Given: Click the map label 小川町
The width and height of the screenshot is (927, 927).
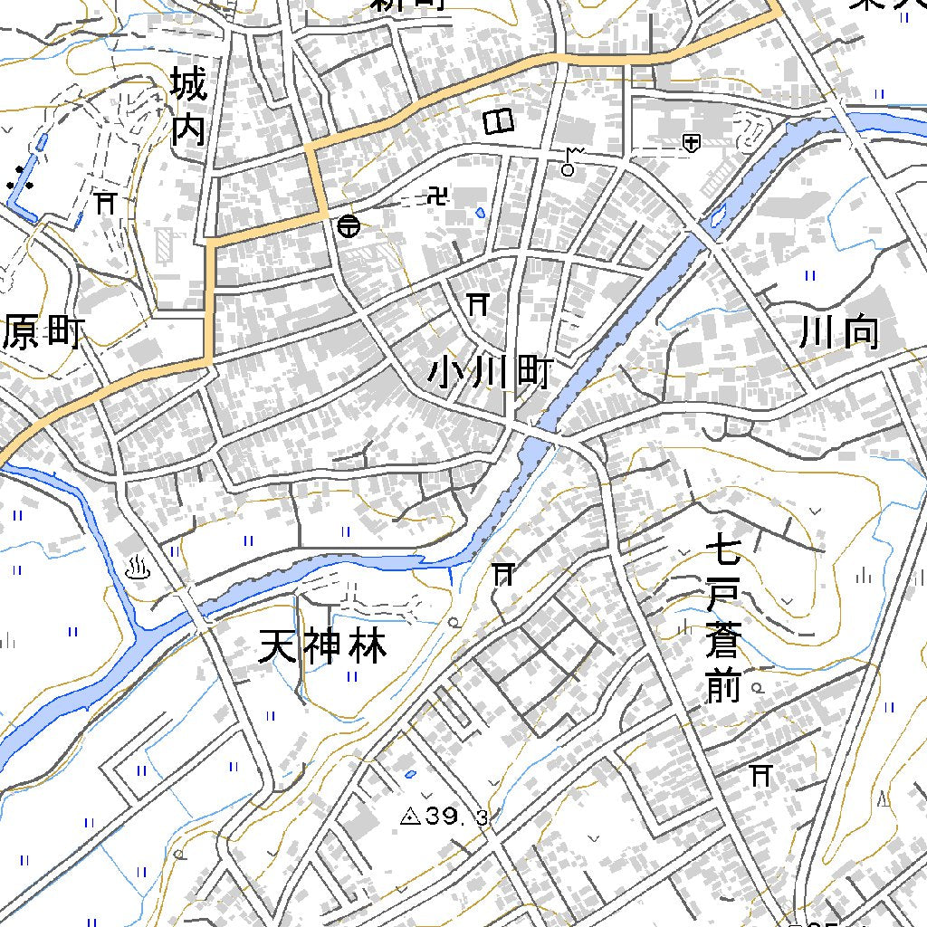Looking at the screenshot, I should point(489,372).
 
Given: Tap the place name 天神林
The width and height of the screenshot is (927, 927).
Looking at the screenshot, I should point(322,646).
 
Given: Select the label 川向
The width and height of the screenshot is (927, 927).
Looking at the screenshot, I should point(839,333).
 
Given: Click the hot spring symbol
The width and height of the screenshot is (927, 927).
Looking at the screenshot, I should point(139,569).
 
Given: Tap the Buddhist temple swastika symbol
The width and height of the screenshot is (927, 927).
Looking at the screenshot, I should point(438,196).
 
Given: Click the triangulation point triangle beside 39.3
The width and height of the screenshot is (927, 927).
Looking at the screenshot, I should point(410,817).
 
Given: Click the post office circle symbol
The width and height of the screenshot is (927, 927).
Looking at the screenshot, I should point(348,226).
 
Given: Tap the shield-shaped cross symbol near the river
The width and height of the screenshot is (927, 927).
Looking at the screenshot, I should point(691,142).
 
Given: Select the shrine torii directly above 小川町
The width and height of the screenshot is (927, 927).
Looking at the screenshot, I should point(477,304).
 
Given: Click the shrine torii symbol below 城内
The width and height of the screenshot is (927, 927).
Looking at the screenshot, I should point(107,202).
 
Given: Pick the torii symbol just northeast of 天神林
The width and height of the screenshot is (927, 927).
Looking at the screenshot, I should point(503,573).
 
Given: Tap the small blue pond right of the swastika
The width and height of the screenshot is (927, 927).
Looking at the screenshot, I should point(480,214).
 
